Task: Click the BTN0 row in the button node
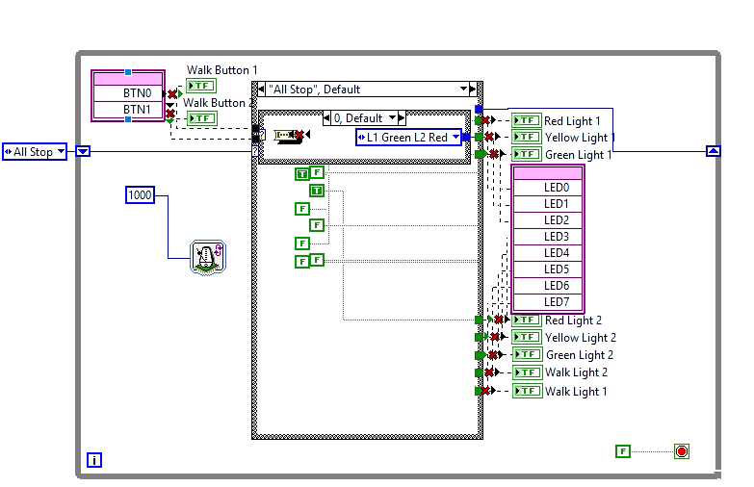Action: [x=137, y=92]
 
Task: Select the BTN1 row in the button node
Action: [x=137, y=110]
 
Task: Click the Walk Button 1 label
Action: [x=221, y=70]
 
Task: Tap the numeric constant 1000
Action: [x=140, y=195]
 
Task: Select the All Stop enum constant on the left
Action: [x=35, y=152]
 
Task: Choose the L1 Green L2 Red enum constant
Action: [x=408, y=138]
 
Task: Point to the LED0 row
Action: [x=556, y=188]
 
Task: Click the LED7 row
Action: [x=556, y=302]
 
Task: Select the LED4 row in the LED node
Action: [x=556, y=253]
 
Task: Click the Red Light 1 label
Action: [x=572, y=121]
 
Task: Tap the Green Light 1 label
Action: [x=578, y=155]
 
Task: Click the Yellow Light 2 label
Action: [x=580, y=338]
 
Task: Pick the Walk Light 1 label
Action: [x=576, y=392]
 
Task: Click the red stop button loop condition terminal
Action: [x=682, y=451]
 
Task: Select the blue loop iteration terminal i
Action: [x=93, y=460]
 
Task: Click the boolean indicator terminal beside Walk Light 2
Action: [x=527, y=372]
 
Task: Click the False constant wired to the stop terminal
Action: [x=623, y=451]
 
